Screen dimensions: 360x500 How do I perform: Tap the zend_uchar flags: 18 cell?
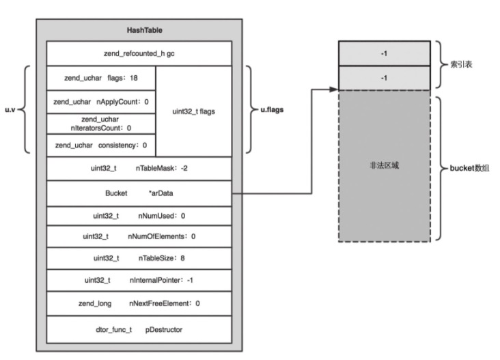(x=101, y=78)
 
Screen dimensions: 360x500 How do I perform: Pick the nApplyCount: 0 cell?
(x=101, y=102)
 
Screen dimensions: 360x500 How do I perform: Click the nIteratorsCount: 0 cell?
(x=101, y=124)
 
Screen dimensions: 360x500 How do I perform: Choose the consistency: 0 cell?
(x=101, y=146)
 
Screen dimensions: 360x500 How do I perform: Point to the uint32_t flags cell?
(x=194, y=111)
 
